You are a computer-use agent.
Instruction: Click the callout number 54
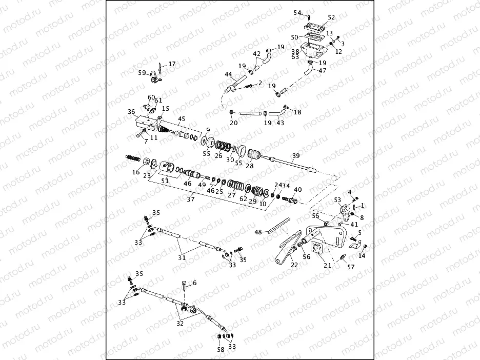tap(297, 12)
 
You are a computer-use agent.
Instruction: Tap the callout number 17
tap(171, 64)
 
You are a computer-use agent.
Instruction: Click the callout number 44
tap(228, 74)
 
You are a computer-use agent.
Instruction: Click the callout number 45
tap(182, 119)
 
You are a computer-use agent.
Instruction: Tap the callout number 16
tap(136, 172)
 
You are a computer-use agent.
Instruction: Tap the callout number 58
tap(221, 349)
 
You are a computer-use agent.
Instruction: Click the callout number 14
tap(363, 255)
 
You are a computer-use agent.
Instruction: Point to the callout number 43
tap(280, 123)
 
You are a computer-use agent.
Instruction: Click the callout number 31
tap(182, 257)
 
